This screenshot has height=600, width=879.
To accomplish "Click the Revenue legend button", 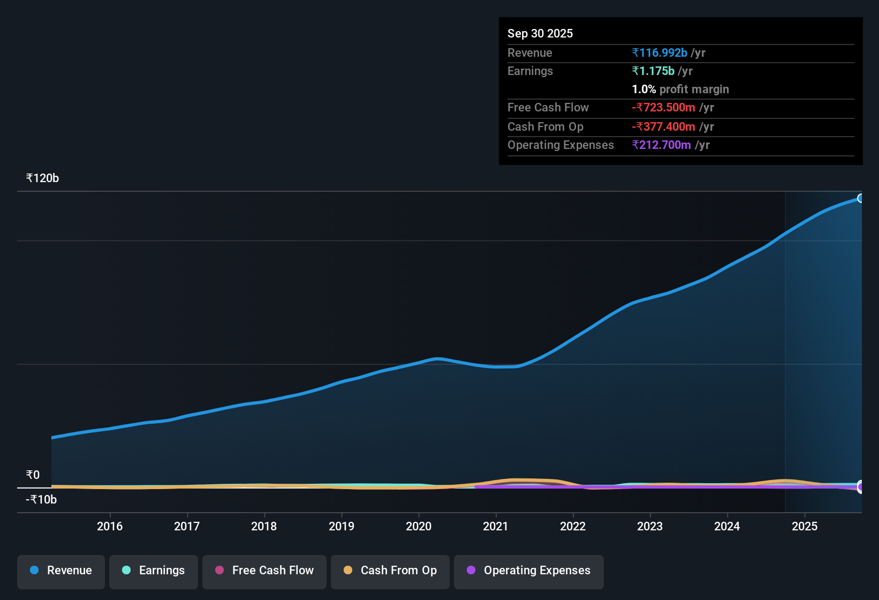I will (x=61, y=571).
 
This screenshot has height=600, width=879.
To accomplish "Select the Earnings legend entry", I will (x=154, y=571).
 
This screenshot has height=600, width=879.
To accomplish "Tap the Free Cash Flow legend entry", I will (x=264, y=571).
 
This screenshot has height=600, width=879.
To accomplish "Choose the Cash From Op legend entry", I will (x=390, y=571).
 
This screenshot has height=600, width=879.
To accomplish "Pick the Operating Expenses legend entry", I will (x=529, y=571).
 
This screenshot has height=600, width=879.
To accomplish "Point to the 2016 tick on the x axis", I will (x=110, y=526).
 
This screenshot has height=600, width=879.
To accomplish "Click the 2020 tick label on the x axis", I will (x=419, y=526).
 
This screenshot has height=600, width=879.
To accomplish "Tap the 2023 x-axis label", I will (x=650, y=526).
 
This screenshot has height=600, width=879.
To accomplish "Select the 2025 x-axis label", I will (x=805, y=526).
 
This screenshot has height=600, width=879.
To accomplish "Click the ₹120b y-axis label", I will (x=42, y=178).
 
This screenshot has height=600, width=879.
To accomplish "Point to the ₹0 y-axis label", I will (x=33, y=475).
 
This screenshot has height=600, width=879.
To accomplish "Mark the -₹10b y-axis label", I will (x=41, y=500).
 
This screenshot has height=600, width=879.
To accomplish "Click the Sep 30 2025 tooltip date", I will (x=540, y=34).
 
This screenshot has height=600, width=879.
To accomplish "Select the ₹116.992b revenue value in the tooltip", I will (x=660, y=53).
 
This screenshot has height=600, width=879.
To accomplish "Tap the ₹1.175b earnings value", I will (x=653, y=71).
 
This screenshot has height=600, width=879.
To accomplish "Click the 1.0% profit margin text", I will (x=680, y=89).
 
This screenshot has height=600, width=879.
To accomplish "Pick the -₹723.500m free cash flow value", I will (x=664, y=108).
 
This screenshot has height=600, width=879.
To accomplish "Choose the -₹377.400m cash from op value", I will (x=664, y=127).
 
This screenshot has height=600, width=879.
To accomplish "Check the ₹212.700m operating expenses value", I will (x=662, y=145).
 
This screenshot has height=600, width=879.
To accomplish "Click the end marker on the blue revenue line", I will (x=860, y=198).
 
